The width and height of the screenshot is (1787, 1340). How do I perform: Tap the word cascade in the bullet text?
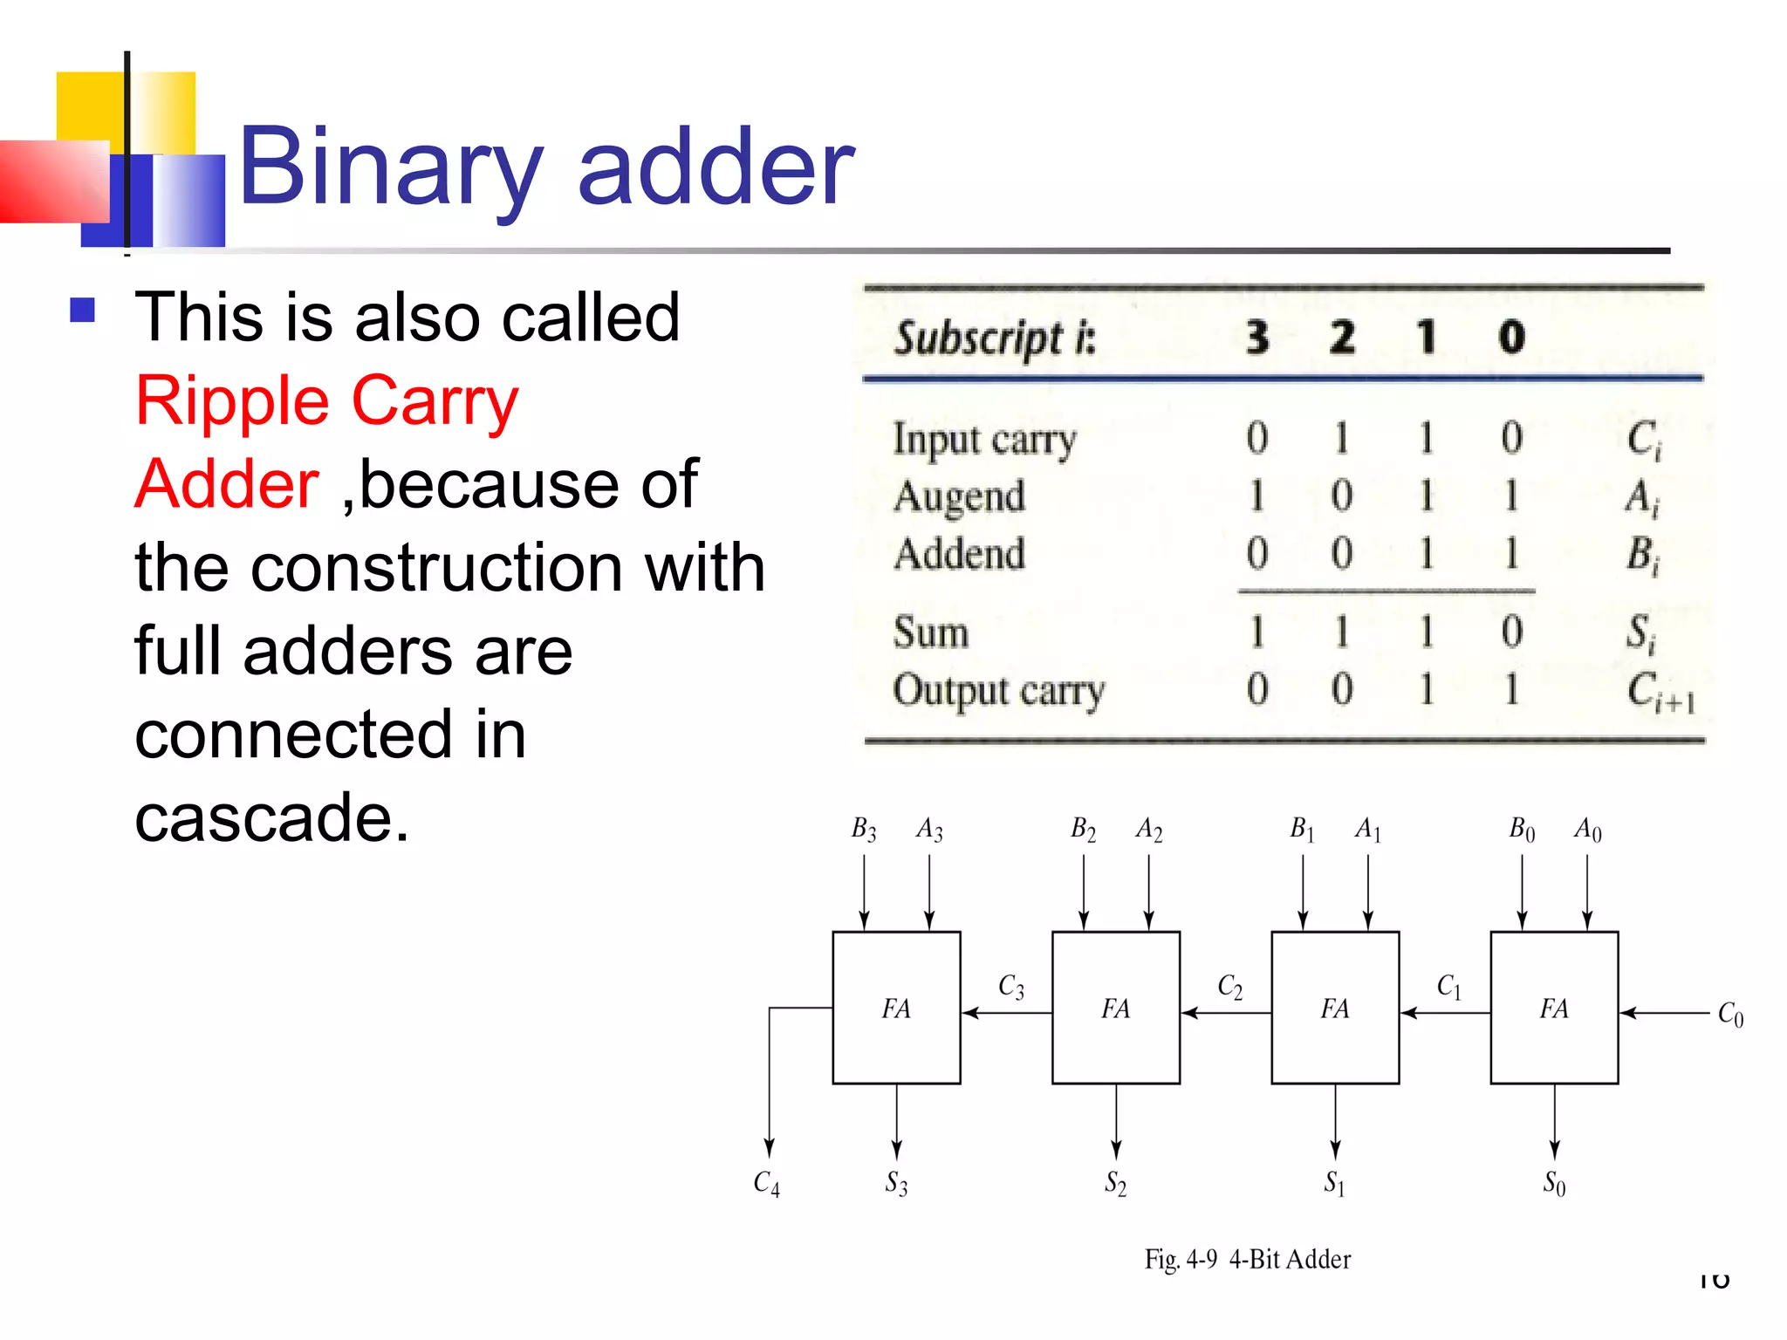click(270, 817)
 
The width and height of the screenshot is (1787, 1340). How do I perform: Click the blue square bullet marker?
click(83, 311)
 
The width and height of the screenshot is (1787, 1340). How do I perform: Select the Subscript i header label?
click(994, 338)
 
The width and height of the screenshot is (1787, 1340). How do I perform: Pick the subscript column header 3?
click(1256, 338)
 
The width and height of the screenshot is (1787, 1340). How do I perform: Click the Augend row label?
click(959, 496)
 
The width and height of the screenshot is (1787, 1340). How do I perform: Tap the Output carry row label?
click(998, 690)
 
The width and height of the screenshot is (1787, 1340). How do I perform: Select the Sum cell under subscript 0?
click(1512, 632)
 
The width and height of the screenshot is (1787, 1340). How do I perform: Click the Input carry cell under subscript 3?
click(1256, 438)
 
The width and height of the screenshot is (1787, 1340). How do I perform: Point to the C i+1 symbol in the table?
click(1660, 692)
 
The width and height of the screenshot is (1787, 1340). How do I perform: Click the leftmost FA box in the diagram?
click(896, 1008)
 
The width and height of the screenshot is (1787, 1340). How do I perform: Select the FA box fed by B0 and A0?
click(1554, 1008)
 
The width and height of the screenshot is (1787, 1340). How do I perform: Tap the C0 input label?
click(1730, 1015)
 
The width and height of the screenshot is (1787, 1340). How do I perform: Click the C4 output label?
click(766, 1183)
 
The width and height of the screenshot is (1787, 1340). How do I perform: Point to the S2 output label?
click(1115, 1183)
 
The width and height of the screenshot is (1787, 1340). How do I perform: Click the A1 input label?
click(1367, 829)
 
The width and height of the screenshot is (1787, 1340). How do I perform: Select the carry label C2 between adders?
click(1229, 987)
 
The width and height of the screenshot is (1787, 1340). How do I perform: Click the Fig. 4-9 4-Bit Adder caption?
click(1247, 1259)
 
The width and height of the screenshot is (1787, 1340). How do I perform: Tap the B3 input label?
click(863, 829)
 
